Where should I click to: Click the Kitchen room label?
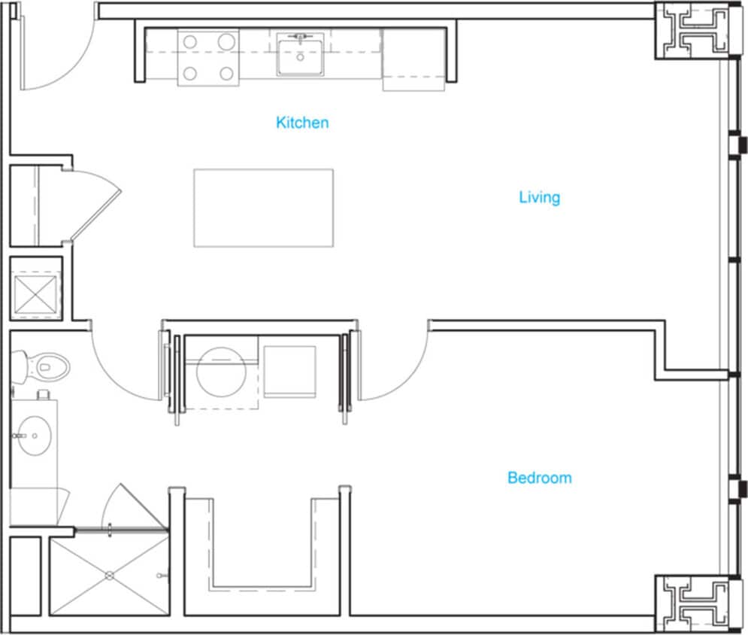[x=302, y=122]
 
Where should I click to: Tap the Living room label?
[x=539, y=197]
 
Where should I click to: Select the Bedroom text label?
[x=539, y=477]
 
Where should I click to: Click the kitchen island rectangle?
[x=263, y=208]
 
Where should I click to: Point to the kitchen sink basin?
[x=300, y=55]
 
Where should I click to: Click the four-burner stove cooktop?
[x=208, y=58]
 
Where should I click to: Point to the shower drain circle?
[x=109, y=576]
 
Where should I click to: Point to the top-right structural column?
[x=692, y=29]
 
